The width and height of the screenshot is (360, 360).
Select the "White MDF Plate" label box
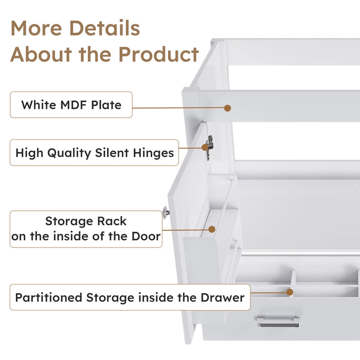(71, 105)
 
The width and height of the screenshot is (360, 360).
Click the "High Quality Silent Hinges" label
(94, 153)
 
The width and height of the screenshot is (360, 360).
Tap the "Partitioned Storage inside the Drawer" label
(130, 298)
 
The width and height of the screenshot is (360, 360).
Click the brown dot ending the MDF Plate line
(227, 108)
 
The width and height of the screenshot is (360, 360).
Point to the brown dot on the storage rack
(211, 229)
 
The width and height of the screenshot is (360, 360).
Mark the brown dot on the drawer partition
(290, 292)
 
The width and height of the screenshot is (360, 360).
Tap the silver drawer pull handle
(278, 321)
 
